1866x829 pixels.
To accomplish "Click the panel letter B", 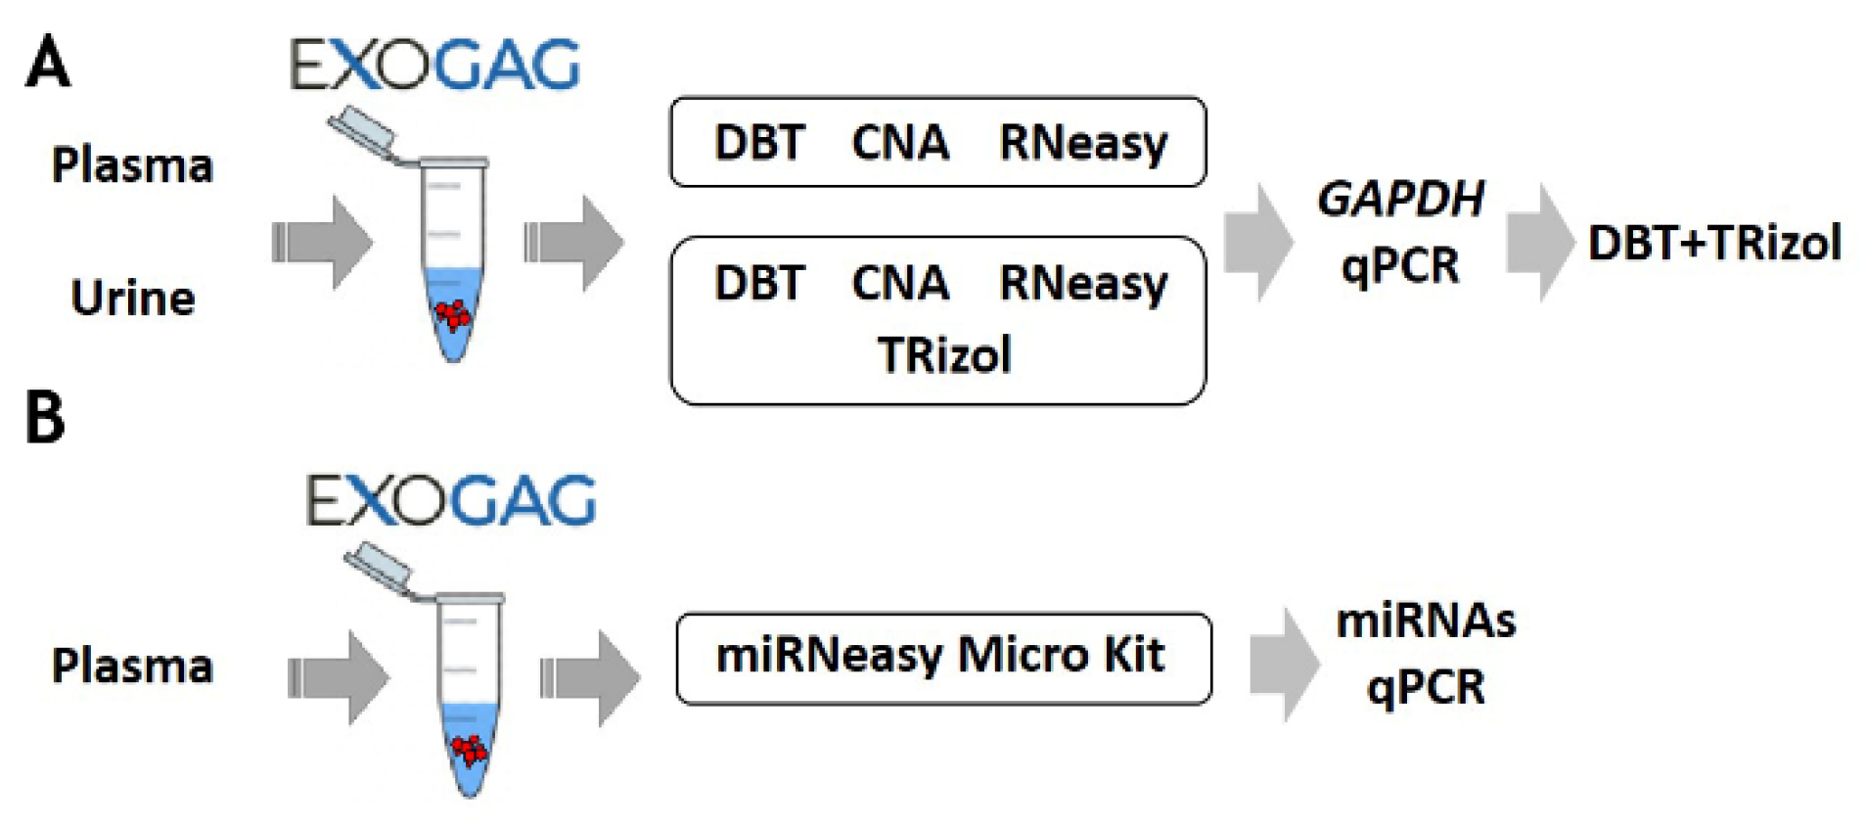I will click(x=45, y=418).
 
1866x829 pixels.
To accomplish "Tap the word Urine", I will click(x=132, y=298).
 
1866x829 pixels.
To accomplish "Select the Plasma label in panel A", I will click(x=132, y=164).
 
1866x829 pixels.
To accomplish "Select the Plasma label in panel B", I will click(x=132, y=666).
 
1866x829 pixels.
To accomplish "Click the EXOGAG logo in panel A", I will click(x=434, y=66).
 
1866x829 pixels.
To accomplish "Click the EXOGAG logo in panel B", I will click(x=450, y=500).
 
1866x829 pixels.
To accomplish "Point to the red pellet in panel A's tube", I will click(x=452, y=314).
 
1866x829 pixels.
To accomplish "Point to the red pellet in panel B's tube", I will click(x=470, y=750).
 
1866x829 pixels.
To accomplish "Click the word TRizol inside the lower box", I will click(x=943, y=354).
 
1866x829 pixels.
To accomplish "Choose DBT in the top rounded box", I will click(x=759, y=142).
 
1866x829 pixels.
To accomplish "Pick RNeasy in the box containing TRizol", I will click(x=1082, y=284).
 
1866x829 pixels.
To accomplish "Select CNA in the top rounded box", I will click(x=899, y=142).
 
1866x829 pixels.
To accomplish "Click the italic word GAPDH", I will click(x=1399, y=200).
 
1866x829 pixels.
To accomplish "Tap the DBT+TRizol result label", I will click(x=1713, y=243).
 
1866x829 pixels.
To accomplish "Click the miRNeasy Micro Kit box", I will click(x=942, y=657).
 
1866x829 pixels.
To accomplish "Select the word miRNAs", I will click(x=1425, y=621).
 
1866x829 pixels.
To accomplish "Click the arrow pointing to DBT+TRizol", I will click(x=1539, y=242).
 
